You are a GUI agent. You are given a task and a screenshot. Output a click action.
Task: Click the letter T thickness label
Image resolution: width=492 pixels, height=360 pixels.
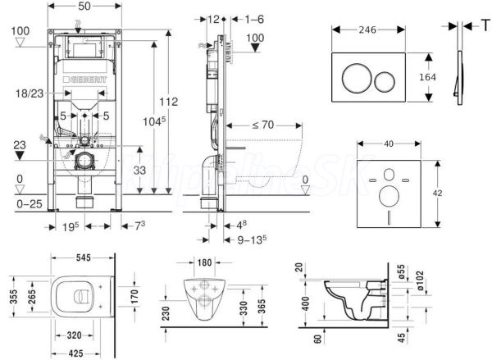point(485,25)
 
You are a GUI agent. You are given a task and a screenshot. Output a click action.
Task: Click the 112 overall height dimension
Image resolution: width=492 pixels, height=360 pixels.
point(168,102)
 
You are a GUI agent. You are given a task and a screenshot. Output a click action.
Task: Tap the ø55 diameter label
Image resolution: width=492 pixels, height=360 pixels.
point(394,269)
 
